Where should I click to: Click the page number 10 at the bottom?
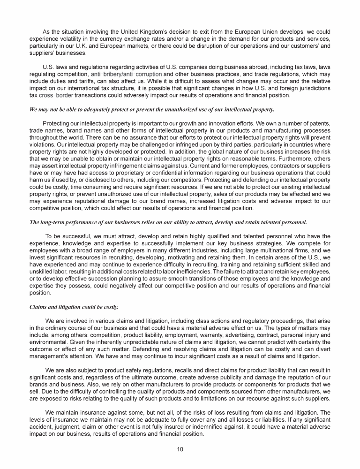tap(180, 449)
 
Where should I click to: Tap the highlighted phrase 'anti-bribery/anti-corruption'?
tap(126, 74)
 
